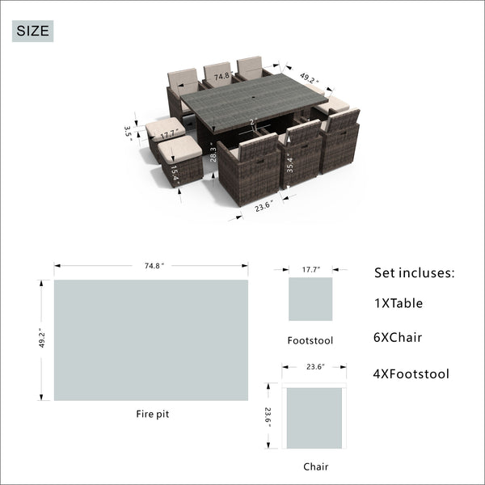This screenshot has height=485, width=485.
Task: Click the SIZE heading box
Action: point(33,31)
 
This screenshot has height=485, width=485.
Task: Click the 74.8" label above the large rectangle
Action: point(154,266)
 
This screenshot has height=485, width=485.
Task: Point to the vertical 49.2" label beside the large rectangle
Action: point(42,339)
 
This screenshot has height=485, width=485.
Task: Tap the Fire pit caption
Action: point(153,414)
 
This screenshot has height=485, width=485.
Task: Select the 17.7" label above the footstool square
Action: point(311,270)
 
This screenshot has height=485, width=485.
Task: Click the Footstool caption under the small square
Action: point(310,340)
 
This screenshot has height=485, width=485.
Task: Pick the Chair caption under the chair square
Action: point(315,466)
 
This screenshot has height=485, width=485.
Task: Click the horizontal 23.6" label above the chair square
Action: point(315,367)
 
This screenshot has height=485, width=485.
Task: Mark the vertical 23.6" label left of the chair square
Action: point(268,417)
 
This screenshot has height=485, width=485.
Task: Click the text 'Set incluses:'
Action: point(415,273)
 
